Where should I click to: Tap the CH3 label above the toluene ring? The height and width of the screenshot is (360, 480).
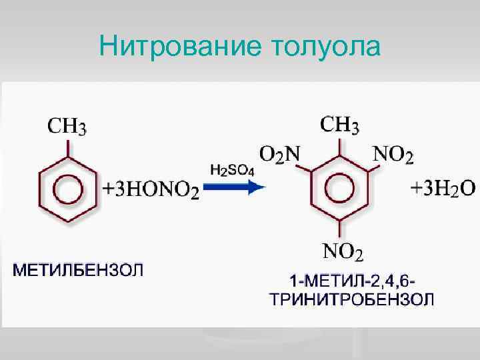pos(66,126)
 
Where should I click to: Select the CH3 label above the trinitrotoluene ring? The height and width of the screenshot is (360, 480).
pos(340,125)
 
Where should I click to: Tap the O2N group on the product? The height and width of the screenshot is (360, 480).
pos(279,155)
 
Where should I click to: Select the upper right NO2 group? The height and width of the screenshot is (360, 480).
pos(393,155)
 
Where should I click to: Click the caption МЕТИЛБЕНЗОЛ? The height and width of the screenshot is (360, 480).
pos(79,271)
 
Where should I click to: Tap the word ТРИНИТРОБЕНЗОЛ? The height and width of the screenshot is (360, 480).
pos(351,297)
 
